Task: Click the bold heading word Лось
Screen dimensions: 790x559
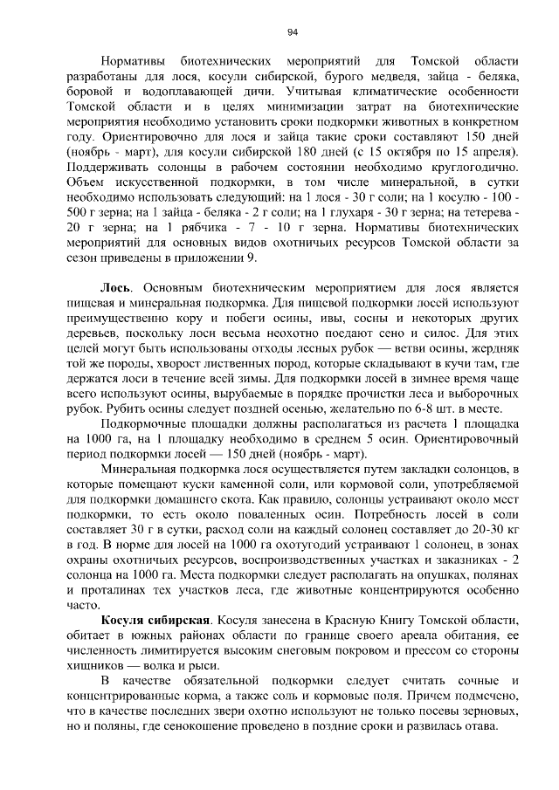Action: pyautogui.click(x=117, y=286)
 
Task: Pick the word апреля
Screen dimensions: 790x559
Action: pyautogui.click(x=493, y=153)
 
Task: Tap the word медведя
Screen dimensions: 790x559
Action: pyautogui.click(x=403, y=78)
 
